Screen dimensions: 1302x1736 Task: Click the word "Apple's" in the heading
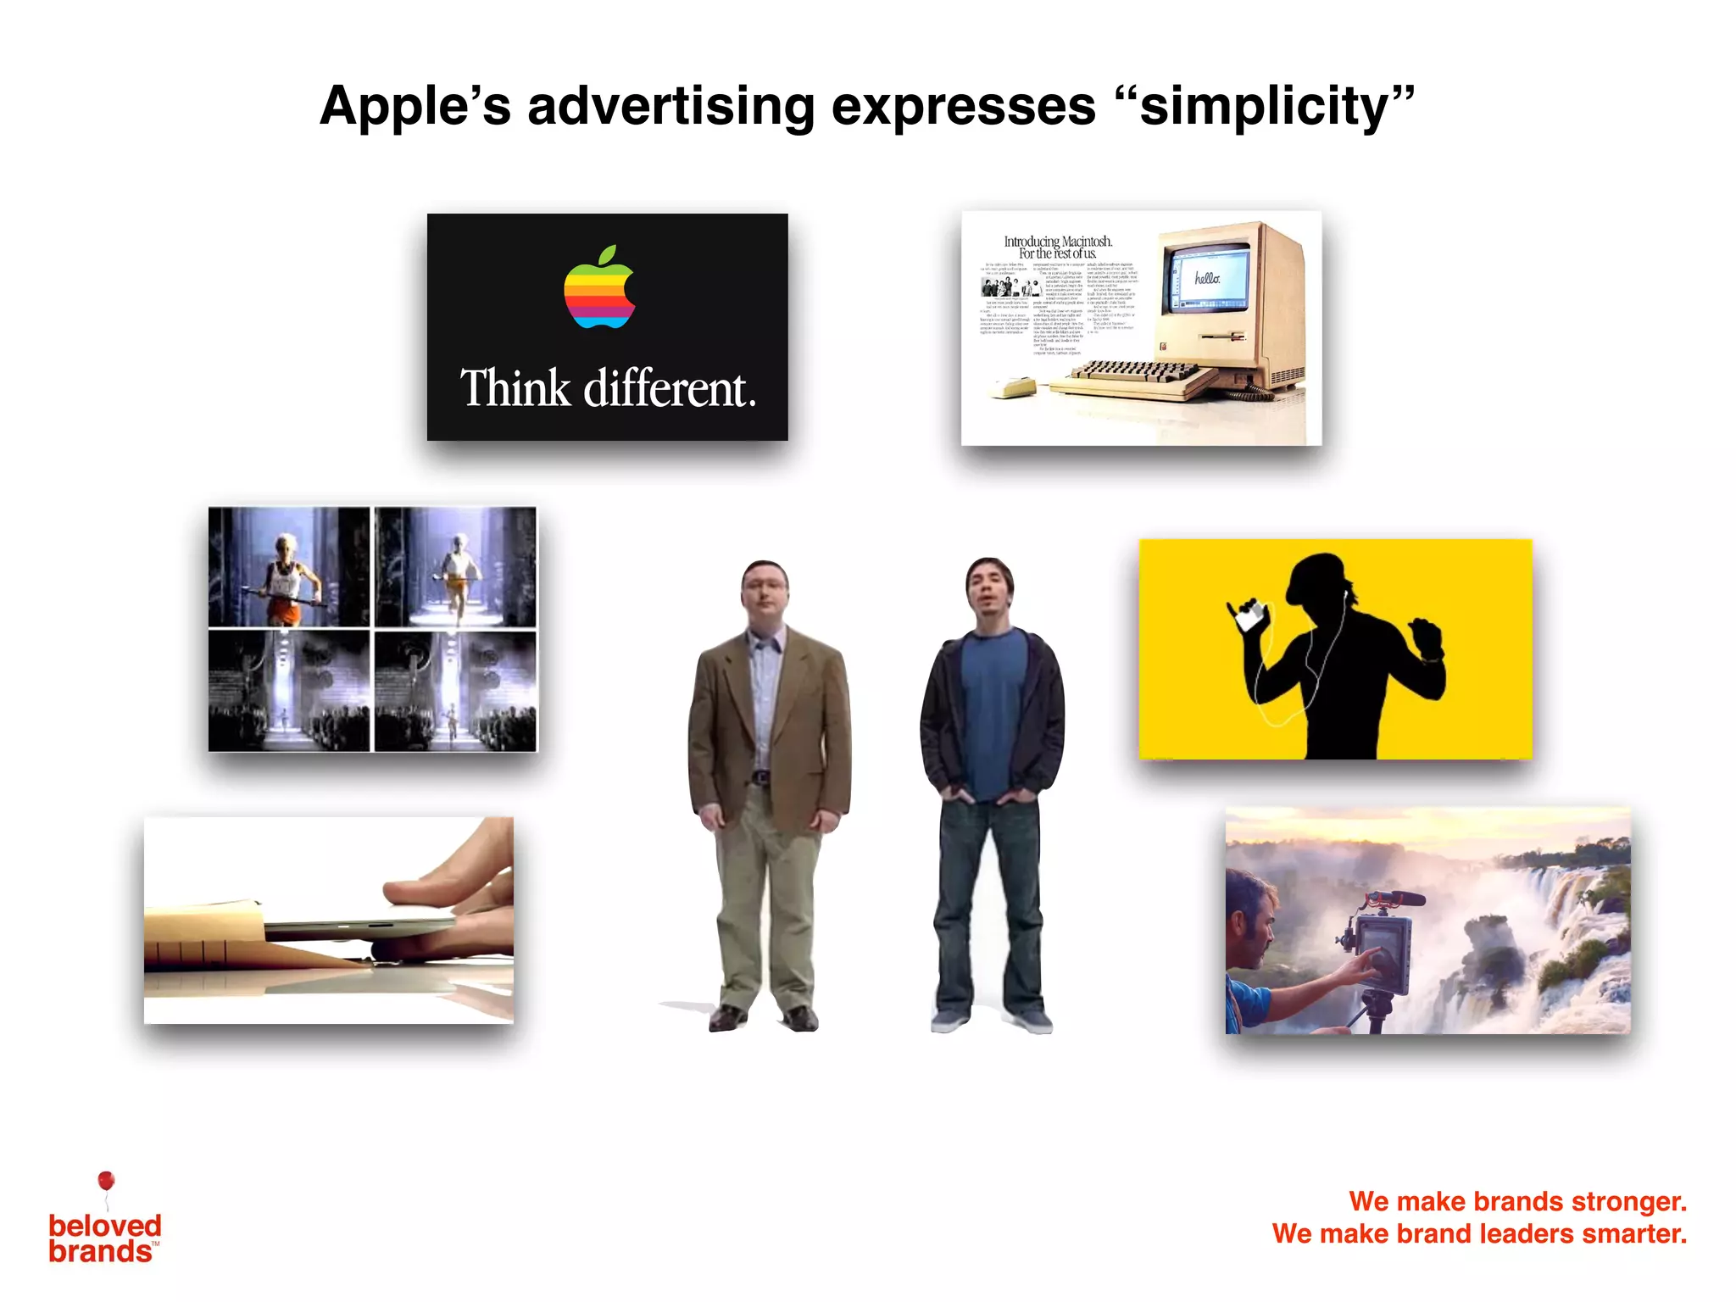pyautogui.click(x=415, y=107)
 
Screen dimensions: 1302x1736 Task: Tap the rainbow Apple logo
pyautogui.click(x=599, y=287)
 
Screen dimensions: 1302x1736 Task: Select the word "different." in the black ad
pyautogui.click(x=670, y=389)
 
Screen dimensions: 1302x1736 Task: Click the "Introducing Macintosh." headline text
pyautogui.click(x=1058, y=242)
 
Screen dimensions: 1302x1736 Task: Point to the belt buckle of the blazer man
pyautogui.click(x=761, y=776)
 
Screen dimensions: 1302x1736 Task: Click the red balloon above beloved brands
pyautogui.click(x=106, y=1181)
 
